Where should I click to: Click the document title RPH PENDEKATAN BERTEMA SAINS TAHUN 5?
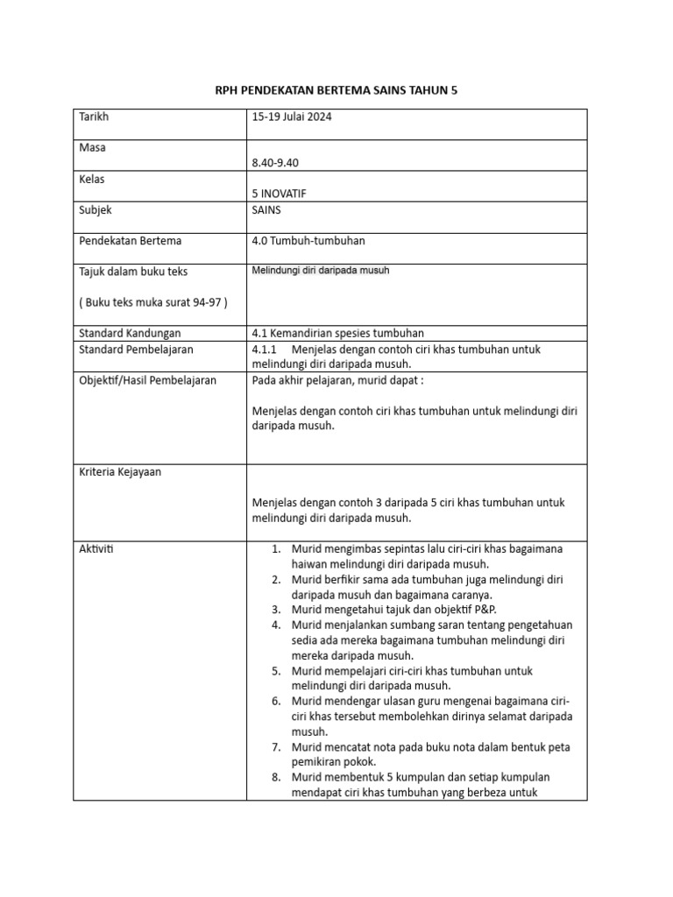pos(336,90)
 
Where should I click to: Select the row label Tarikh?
pos(94,117)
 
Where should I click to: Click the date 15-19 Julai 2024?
pos(291,117)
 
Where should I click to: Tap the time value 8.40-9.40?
pos(280,163)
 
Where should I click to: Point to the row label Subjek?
pos(96,210)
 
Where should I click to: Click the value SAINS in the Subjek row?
pos(267,210)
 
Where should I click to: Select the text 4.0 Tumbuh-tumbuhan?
pos(302,241)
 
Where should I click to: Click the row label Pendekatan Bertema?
pos(131,241)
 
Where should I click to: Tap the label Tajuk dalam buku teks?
pos(133,272)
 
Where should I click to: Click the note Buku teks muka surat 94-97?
pos(152,303)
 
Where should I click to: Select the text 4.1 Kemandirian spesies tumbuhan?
pos(337,333)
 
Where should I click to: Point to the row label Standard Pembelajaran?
pos(136,350)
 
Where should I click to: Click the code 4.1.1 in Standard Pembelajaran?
pos(265,350)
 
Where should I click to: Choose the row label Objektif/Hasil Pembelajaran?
pos(147,380)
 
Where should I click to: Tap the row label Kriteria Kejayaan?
pos(120,472)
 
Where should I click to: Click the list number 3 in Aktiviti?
pos(275,610)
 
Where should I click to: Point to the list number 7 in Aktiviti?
pos(275,746)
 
